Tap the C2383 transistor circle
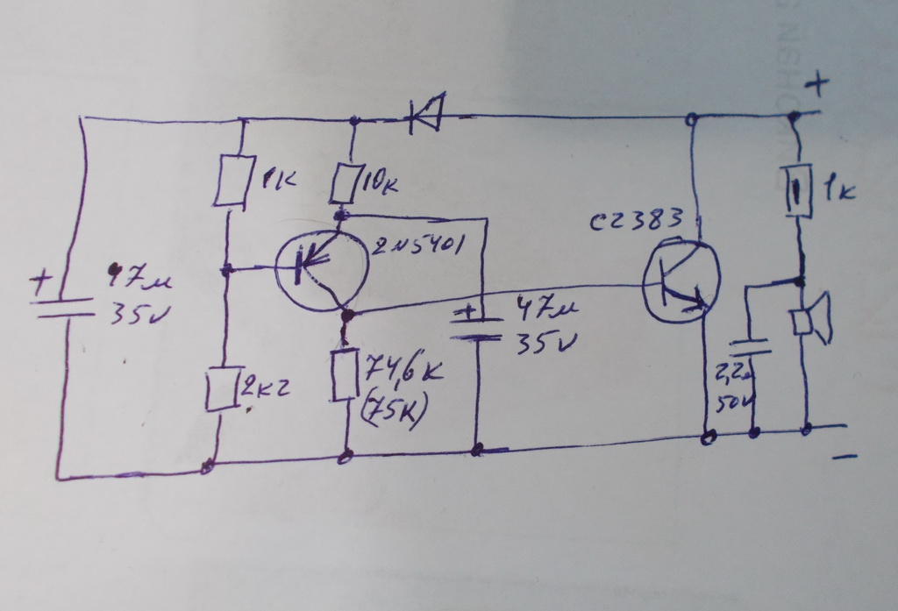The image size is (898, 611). [681, 281]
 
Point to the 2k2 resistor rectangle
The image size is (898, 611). [219, 389]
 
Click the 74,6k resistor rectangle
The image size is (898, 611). [344, 374]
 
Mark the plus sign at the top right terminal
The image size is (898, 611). [817, 85]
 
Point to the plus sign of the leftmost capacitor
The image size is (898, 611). [40, 281]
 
